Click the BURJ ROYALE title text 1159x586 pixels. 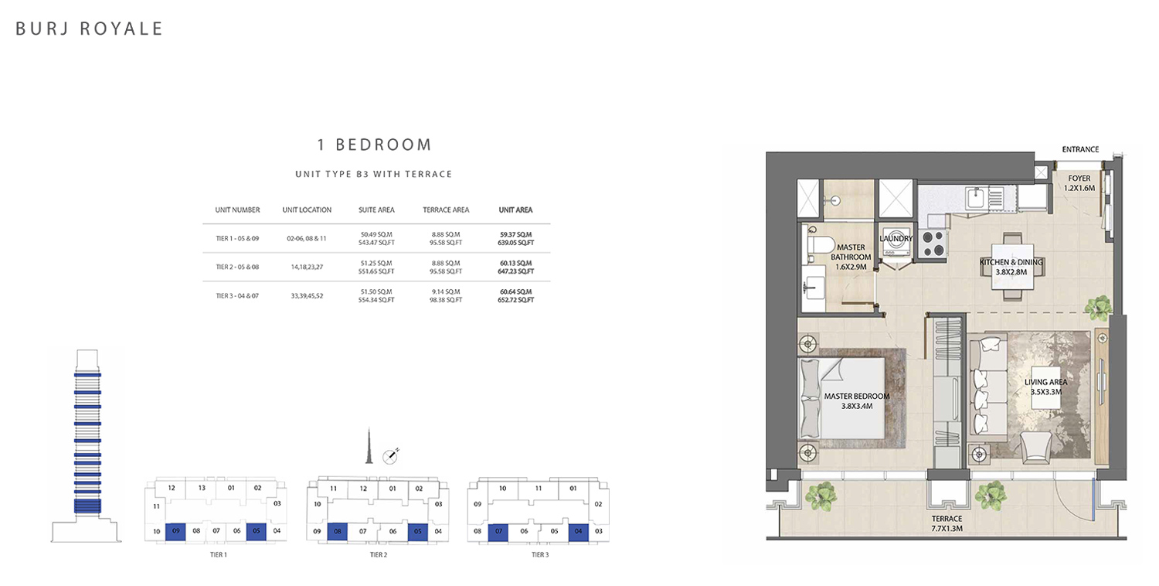point(89,29)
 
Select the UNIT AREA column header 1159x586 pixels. point(515,210)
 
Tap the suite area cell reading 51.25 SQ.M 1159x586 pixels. point(376,263)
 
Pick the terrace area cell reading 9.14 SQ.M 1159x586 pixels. point(446,291)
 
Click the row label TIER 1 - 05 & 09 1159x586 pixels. point(237,239)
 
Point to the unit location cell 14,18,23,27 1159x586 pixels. point(307,267)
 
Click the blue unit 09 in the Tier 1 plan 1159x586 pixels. point(175,532)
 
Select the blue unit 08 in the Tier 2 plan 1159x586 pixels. point(338,532)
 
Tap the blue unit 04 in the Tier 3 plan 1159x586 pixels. point(579,532)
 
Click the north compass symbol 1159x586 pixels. point(391,456)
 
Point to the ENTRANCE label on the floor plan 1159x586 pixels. point(1080,150)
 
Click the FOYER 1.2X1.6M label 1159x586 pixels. point(1079,183)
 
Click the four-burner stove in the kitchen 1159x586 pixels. point(933,244)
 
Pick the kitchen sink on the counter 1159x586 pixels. point(975,196)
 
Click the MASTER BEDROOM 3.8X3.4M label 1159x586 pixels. point(857,401)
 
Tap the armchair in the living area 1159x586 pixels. point(1035,448)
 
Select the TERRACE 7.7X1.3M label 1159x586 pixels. point(947,523)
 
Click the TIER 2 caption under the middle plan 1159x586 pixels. point(379,555)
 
